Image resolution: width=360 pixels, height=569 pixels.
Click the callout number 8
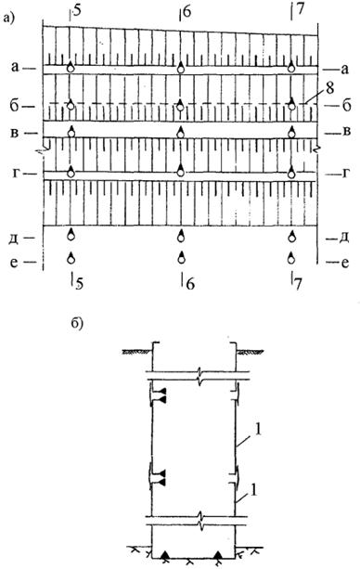click(x=329, y=89)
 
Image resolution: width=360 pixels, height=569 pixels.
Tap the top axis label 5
click(x=77, y=11)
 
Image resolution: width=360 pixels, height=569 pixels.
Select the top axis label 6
click(x=186, y=12)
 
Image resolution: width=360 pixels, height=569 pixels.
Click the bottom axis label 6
click(x=190, y=284)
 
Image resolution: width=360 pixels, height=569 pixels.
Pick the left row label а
click(x=15, y=67)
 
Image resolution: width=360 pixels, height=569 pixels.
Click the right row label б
click(x=346, y=106)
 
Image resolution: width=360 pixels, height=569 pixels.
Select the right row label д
click(x=344, y=239)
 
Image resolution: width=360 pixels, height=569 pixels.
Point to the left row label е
click(x=14, y=262)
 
